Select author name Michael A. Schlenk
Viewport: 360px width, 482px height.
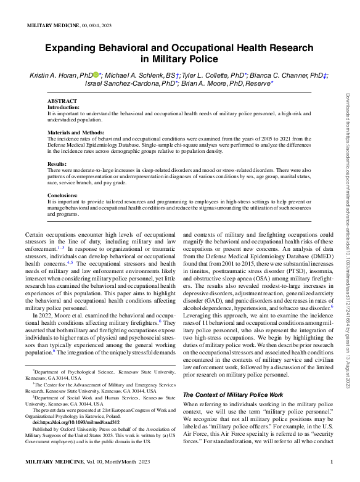pos(136,75)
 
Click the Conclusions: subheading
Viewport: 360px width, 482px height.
pos(64,195)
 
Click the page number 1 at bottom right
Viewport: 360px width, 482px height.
pos(332,462)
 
